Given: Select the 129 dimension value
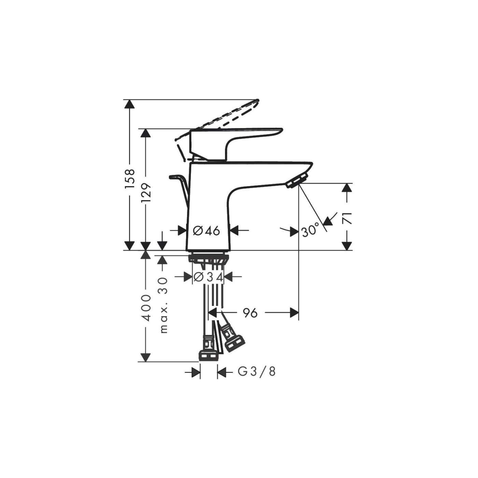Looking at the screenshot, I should (146, 193).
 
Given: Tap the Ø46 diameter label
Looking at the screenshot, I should (207, 231).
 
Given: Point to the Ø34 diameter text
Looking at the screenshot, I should (208, 277).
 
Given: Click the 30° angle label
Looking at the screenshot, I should (310, 231).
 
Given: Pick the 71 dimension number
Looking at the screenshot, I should (347, 218).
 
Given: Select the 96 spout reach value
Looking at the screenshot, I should (250, 312).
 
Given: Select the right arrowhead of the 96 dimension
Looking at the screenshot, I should (294, 312).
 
